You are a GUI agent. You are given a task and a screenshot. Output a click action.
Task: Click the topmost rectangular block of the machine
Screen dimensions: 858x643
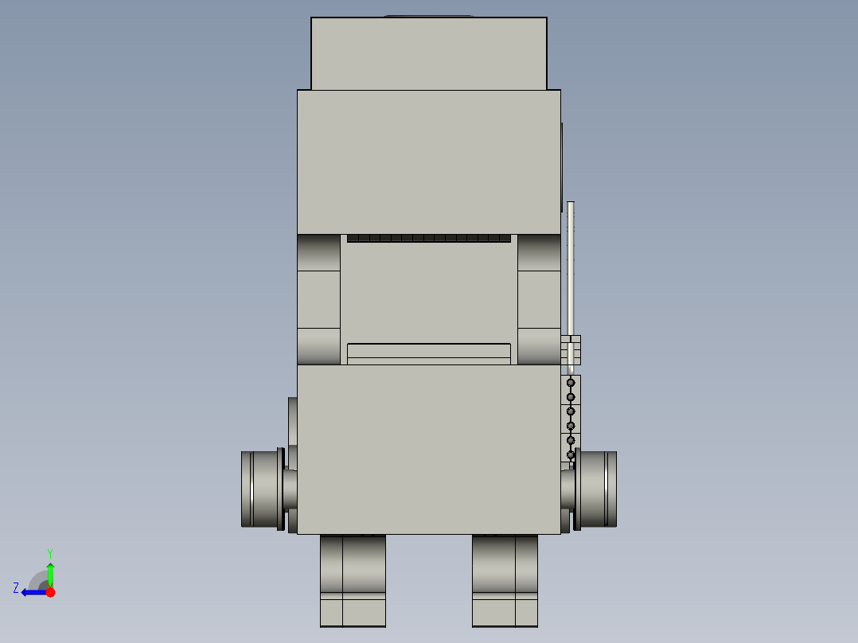428,53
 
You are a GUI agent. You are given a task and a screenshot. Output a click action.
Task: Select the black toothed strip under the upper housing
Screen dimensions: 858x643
428,238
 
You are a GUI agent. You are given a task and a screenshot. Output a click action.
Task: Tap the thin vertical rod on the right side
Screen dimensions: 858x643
570,285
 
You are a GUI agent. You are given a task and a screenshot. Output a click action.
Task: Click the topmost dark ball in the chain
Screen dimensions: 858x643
571,383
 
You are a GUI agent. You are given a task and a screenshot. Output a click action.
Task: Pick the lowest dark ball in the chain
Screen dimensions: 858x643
571,454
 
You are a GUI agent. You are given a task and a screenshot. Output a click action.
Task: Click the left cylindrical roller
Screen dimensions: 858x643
259,489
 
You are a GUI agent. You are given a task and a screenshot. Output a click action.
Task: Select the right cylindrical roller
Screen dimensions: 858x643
599,489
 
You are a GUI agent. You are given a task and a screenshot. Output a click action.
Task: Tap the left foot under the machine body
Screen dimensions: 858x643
353,581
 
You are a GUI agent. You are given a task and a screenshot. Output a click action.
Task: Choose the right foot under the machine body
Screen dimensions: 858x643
505,581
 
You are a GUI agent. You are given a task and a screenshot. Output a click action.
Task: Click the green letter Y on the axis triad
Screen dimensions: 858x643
50,553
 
